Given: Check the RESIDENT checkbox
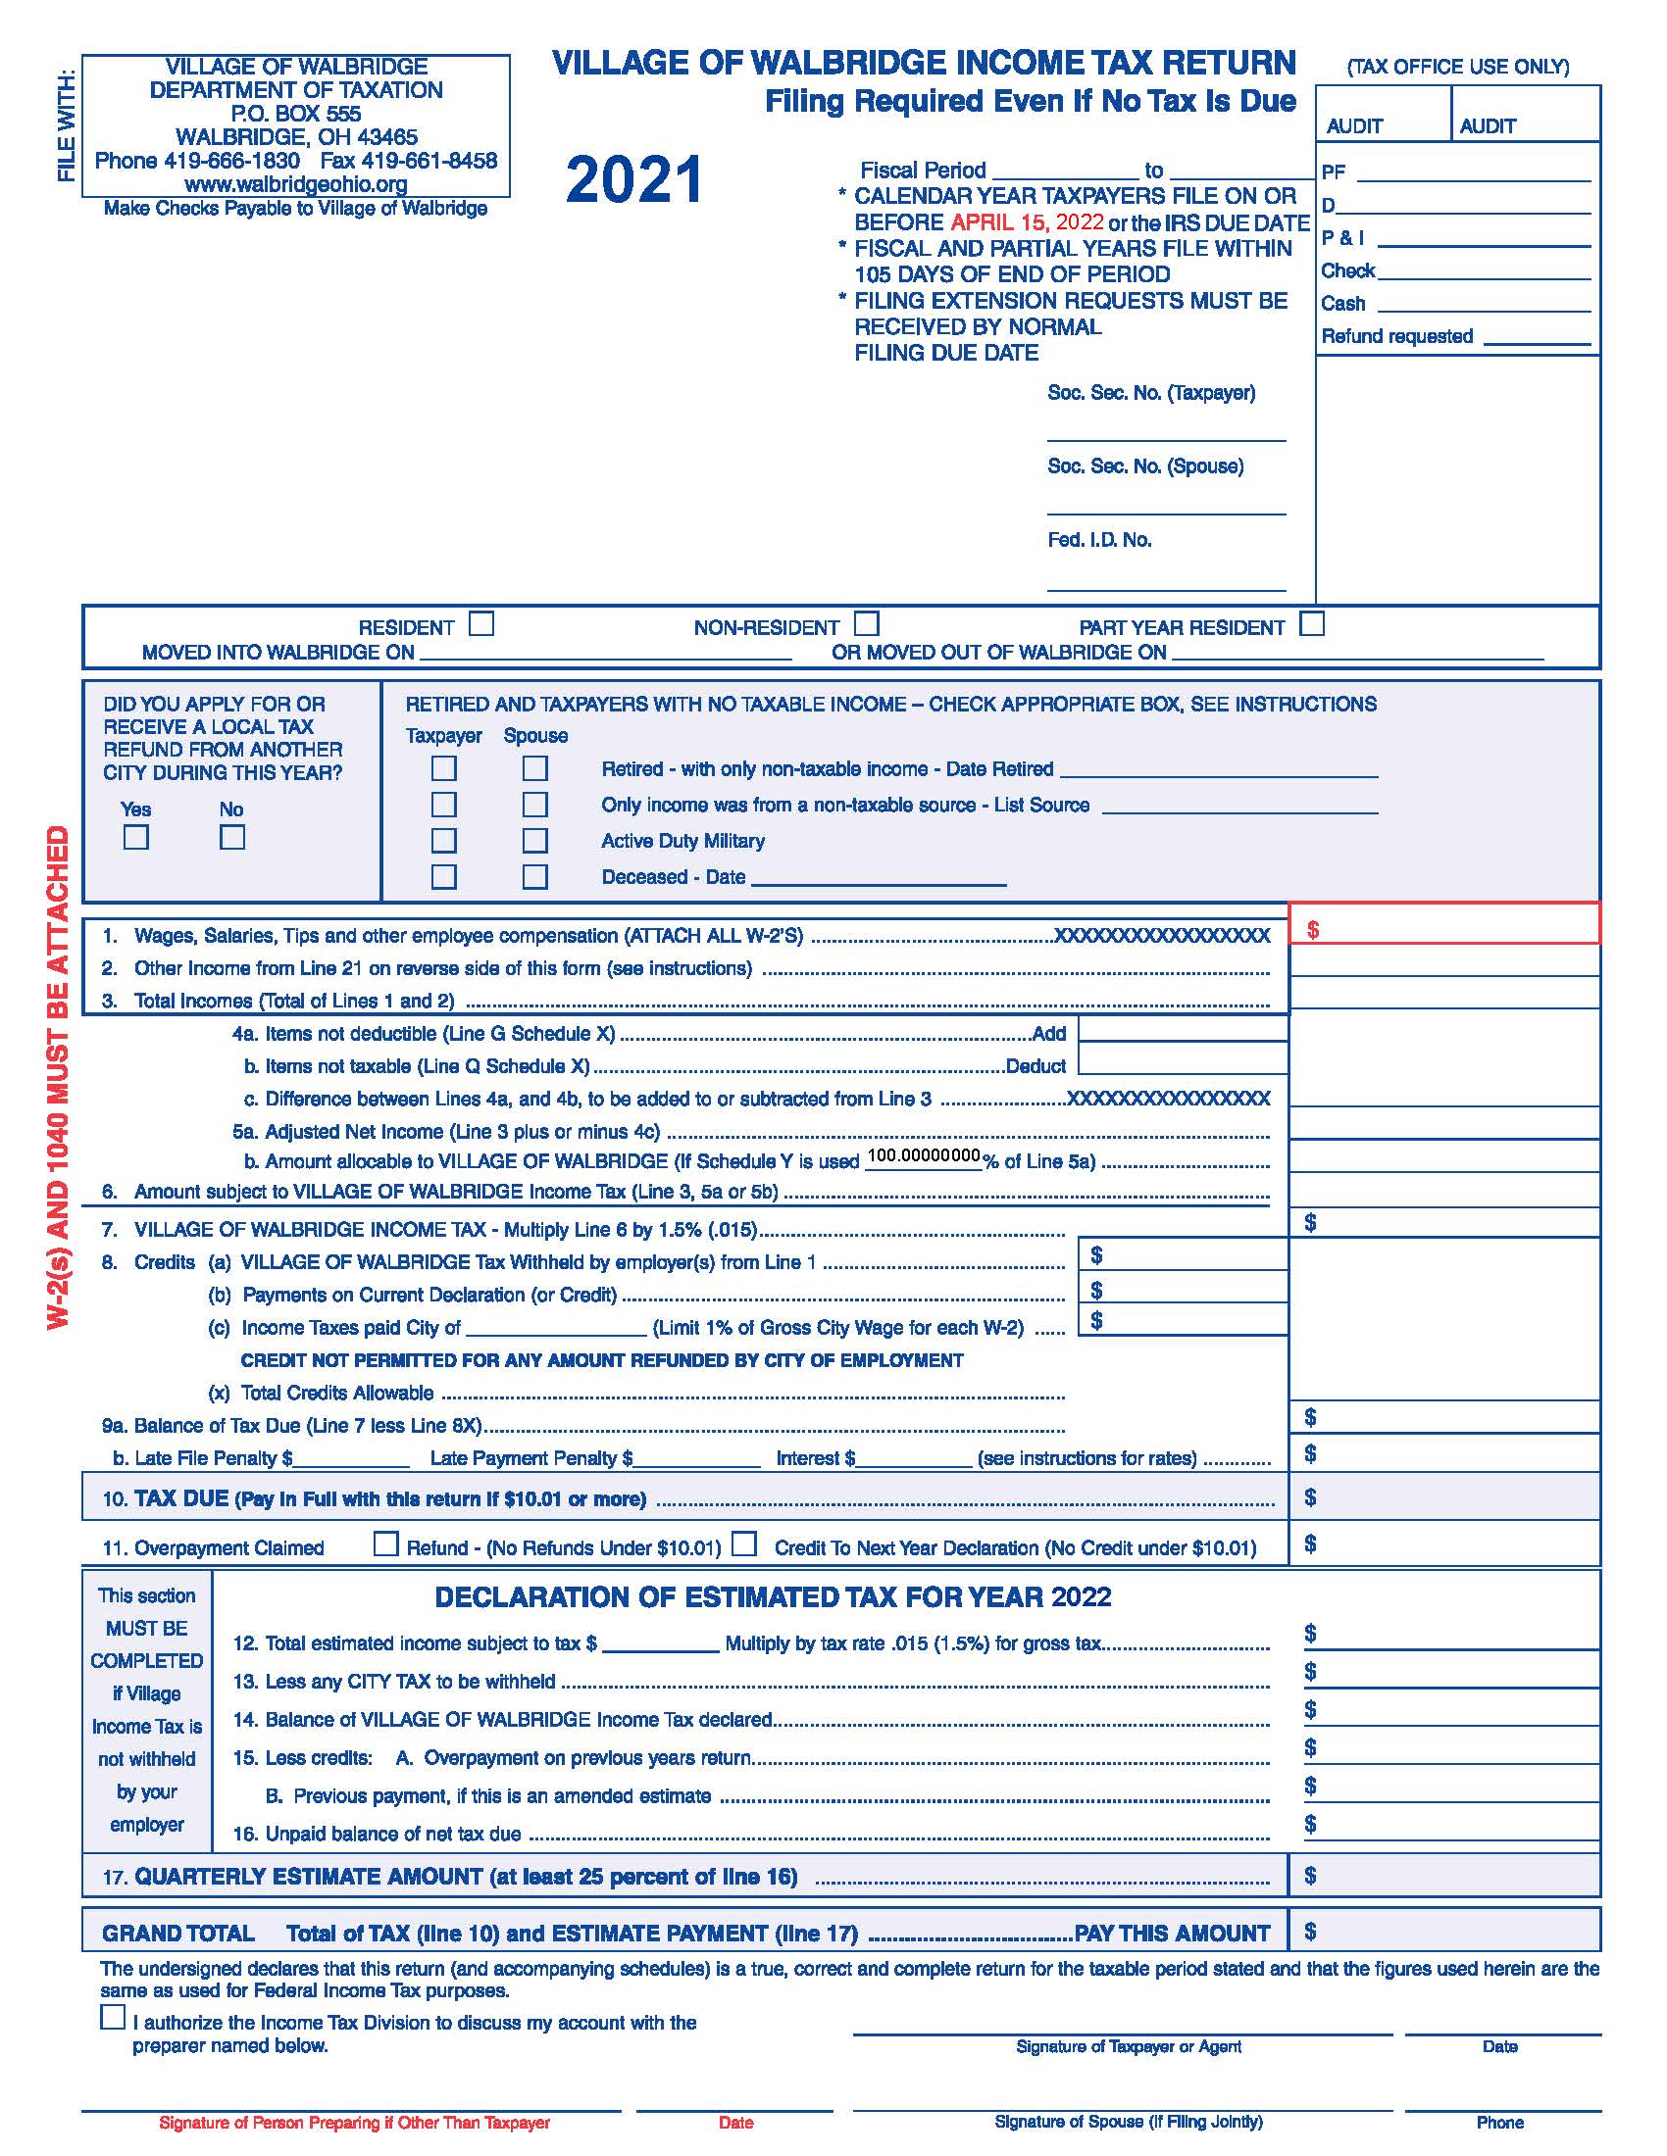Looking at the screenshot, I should click(x=480, y=624).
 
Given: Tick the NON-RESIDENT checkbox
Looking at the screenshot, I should click(x=866, y=624).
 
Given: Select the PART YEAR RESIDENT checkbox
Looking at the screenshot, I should click(x=1311, y=624).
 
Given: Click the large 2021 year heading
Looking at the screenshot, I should click(x=634, y=180).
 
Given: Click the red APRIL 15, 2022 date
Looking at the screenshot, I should click(x=1027, y=222).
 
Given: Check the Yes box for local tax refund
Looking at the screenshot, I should click(x=136, y=837).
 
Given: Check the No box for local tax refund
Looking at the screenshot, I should click(x=232, y=837).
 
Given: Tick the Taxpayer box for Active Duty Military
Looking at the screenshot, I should click(x=444, y=840).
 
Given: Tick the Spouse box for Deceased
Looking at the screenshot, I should click(x=535, y=877).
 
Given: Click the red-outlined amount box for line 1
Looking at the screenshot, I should click(x=1443, y=925).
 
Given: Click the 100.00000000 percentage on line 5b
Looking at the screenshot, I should click(x=924, y=1156).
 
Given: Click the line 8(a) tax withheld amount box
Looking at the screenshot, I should click(x=1184, y=1254).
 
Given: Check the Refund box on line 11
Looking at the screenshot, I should click(x=386, y=1543).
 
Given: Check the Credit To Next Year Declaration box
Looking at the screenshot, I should click(x=744, y=1543).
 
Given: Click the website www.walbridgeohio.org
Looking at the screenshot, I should click(x=295, y=184).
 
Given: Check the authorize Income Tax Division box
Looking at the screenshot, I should click(x=113, y=2018).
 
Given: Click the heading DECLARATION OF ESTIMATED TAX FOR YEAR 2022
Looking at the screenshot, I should click(x=773, y=1597).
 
